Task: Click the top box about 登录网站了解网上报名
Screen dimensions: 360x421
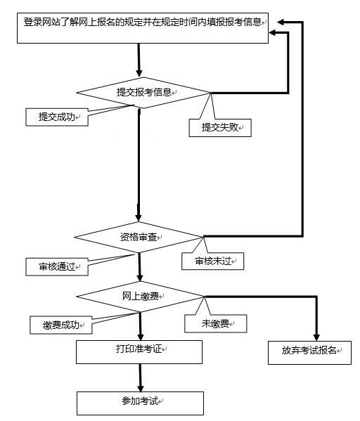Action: click(143, 28)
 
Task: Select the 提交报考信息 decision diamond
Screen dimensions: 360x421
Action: click(143, 93)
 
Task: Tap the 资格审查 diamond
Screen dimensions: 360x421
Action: click(139, 237)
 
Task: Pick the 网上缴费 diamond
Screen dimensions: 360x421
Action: click(140, 297)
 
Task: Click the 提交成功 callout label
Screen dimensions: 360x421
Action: click(57, 117)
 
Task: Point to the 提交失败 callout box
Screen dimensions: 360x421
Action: click(220, 128)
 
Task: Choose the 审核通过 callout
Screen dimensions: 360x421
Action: click(57, 267)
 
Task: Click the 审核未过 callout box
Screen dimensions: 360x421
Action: click(213, 261)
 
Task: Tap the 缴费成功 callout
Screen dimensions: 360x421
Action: click(61, 325)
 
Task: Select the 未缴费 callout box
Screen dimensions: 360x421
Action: click(215, 324)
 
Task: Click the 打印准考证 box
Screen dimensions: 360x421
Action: click(139, 352)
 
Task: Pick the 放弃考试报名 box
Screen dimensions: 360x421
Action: click(309, 353)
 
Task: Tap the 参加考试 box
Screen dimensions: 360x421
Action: click(140, 403)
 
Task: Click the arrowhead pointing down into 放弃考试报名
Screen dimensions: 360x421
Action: click(316, 338)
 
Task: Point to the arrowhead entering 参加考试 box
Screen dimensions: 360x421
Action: click(141, 388)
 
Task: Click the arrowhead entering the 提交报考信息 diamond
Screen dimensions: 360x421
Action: click(139, 73)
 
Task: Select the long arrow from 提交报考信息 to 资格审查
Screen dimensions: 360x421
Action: click(139, 165)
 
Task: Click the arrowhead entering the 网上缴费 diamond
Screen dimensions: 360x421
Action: click(140, 278)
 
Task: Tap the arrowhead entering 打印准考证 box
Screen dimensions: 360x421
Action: click(141, 337)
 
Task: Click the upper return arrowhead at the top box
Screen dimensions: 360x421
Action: click(281, 22)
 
